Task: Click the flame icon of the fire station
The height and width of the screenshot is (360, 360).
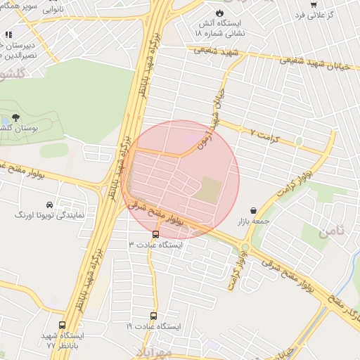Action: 220,13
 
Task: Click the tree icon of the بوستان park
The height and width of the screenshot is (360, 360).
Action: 15,119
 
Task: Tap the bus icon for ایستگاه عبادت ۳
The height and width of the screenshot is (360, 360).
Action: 155,234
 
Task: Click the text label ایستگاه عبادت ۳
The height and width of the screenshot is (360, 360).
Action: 155,245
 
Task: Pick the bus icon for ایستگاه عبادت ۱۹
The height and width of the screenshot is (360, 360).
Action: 154,316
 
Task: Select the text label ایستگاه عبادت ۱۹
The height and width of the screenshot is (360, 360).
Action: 154,327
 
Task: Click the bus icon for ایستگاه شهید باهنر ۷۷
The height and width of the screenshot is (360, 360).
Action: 63,326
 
